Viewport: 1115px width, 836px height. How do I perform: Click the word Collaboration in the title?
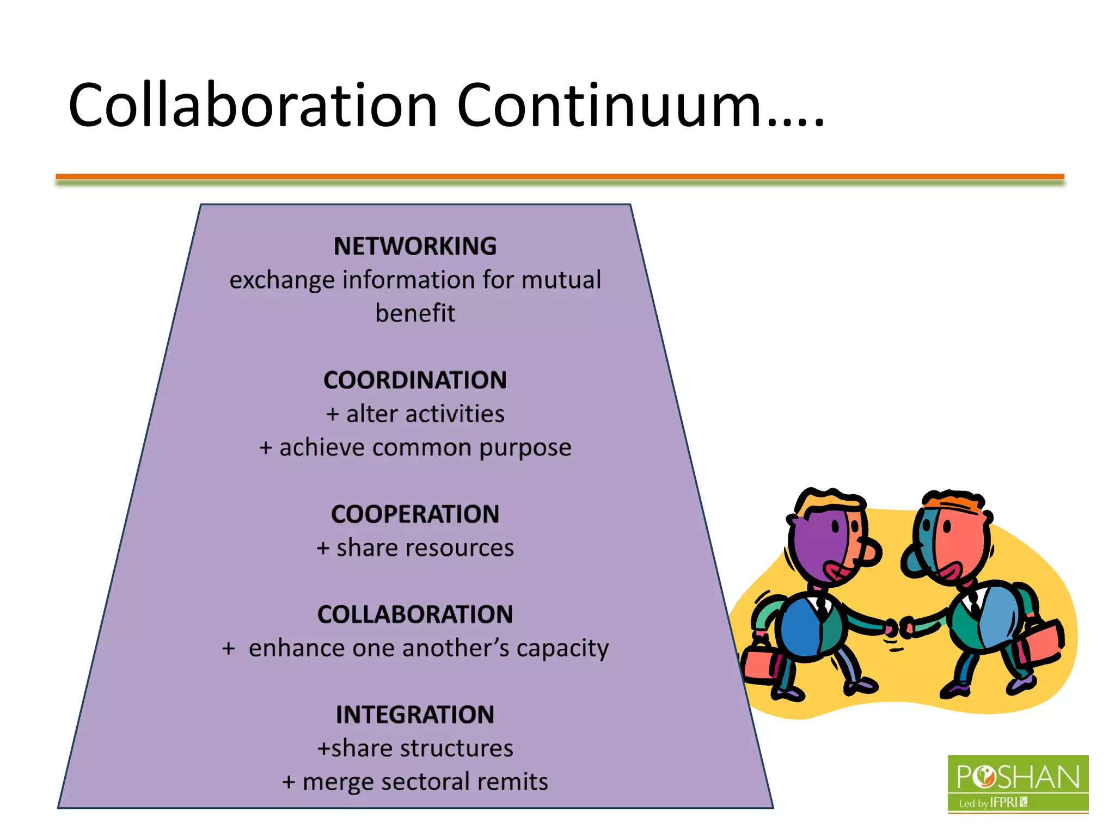coord(253,105)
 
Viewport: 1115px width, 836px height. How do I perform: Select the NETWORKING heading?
coord(415,247)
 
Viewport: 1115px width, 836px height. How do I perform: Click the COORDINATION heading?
coord(415,380)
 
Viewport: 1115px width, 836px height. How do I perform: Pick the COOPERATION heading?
coord(415,514)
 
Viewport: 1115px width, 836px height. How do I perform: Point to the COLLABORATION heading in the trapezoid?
coord(415,615)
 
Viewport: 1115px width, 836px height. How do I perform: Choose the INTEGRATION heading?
coord(415,715)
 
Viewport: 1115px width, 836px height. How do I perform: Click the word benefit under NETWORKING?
coord(415,313)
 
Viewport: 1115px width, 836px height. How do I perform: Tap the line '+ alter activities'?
coord(415,414)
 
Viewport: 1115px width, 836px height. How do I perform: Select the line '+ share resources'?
coord(415,548)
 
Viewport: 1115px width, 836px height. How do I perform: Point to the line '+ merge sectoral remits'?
coord(415,782)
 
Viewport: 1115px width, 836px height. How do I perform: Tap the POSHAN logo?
coord(1018,784)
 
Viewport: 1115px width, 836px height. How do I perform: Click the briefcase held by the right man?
coord(1043,642)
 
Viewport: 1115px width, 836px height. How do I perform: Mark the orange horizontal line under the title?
coord(560,176)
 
